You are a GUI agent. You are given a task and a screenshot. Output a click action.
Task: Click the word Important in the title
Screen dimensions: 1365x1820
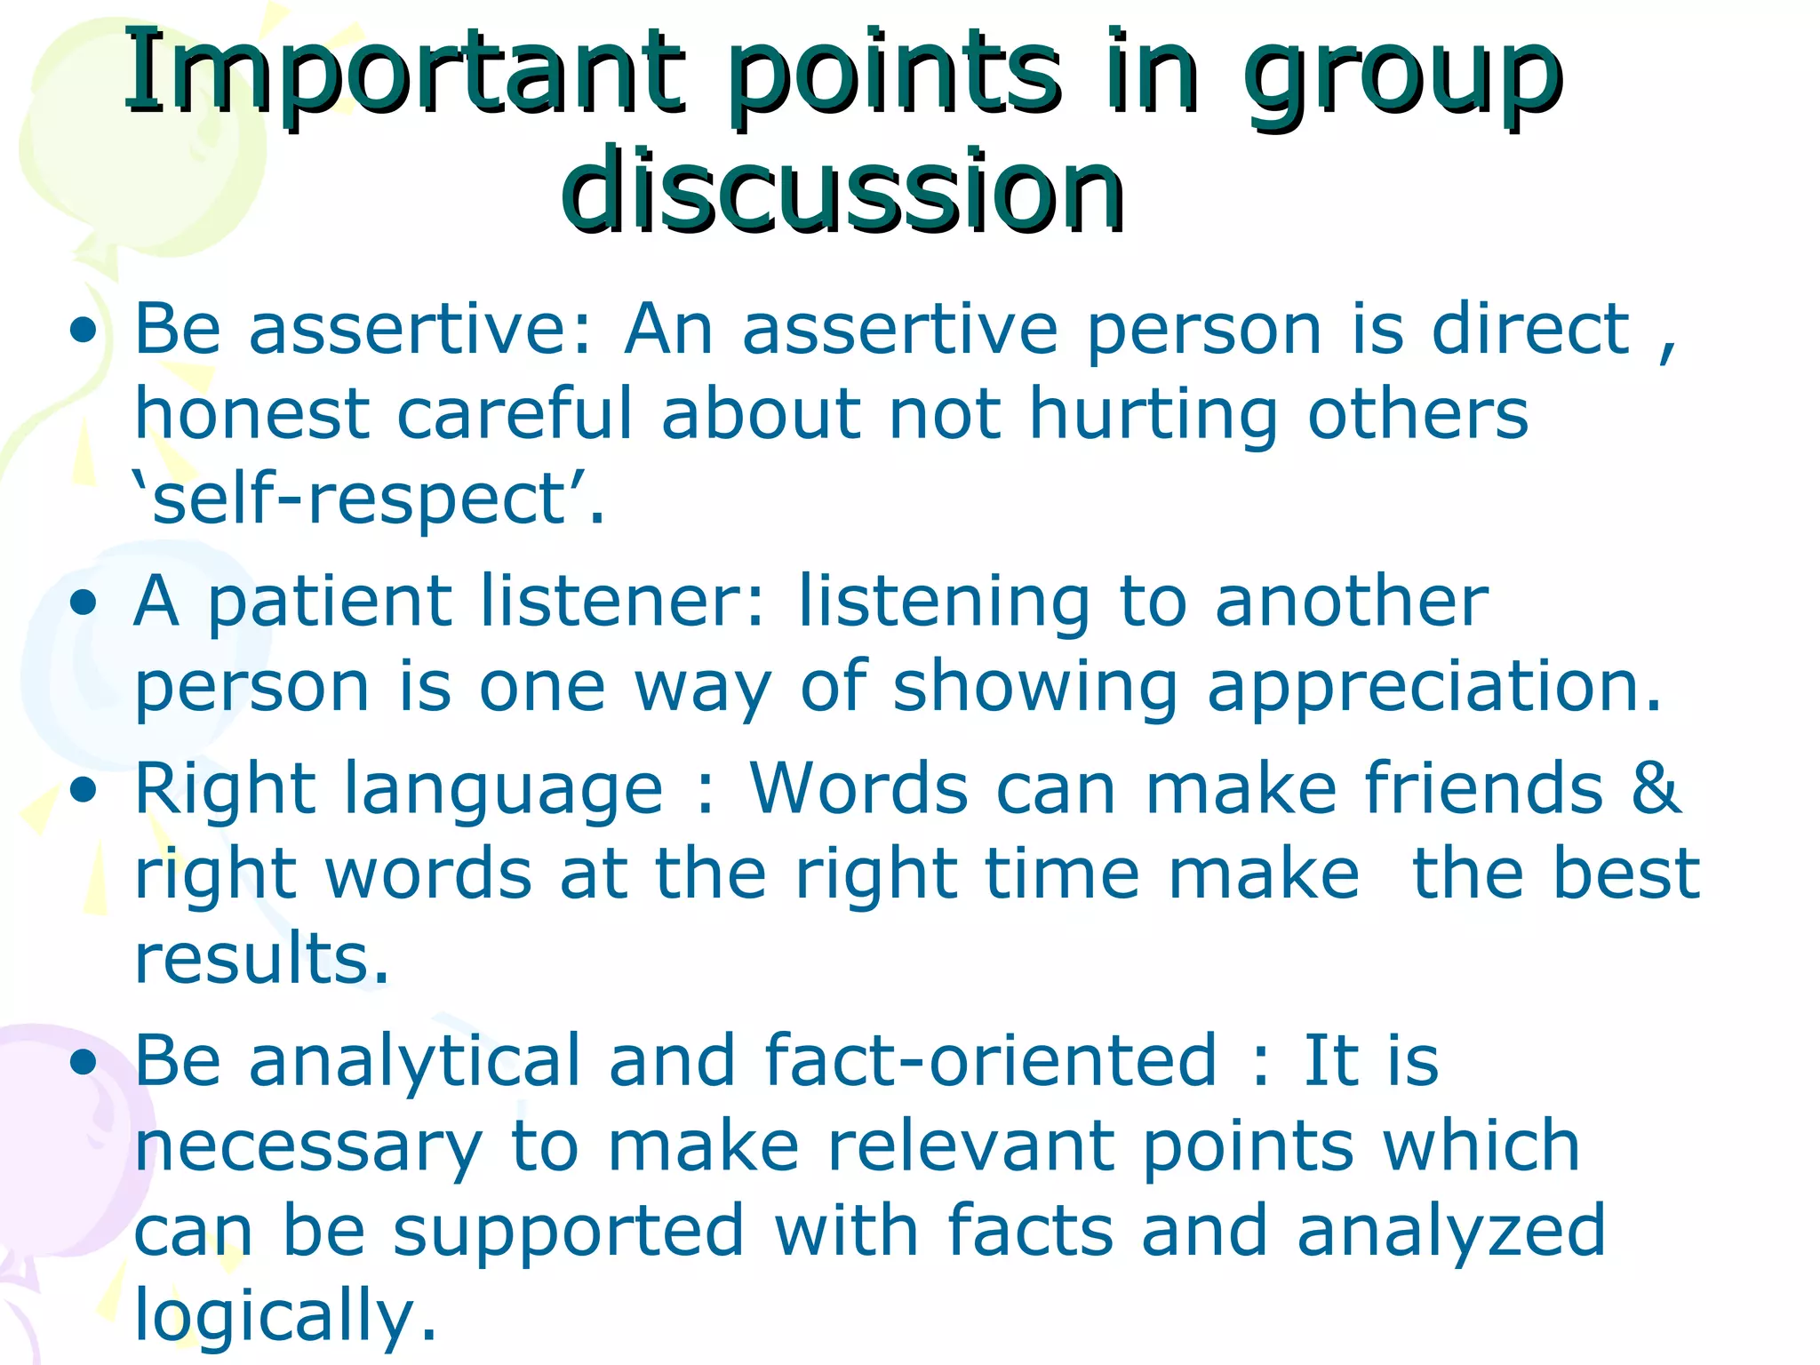tap(405, 76)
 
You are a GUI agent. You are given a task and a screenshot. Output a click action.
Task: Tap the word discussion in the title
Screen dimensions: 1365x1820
tap(842, 189)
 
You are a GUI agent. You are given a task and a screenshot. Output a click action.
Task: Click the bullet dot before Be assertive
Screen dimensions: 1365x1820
tap(84, 331)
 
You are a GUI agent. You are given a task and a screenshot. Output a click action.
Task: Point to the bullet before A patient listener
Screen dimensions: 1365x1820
tap(84, 603)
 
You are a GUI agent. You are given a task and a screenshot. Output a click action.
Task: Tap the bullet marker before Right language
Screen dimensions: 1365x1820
tap(84, 790)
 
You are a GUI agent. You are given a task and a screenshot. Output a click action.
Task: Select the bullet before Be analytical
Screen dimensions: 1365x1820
tap(84, 1061)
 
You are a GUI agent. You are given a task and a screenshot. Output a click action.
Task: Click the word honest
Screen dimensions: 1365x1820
tap(251, 414)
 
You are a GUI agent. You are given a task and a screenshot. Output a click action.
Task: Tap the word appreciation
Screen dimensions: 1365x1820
tap(1433, 688)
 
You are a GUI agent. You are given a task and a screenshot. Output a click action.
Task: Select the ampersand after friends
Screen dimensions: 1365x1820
tap(1656, 788)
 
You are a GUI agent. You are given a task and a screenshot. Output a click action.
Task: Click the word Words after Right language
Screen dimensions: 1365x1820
tap(858, 788)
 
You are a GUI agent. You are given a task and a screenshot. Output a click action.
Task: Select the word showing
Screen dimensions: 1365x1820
tap(1034, 688)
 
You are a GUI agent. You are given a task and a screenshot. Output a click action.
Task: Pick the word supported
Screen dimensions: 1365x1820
tap(568, 1232)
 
